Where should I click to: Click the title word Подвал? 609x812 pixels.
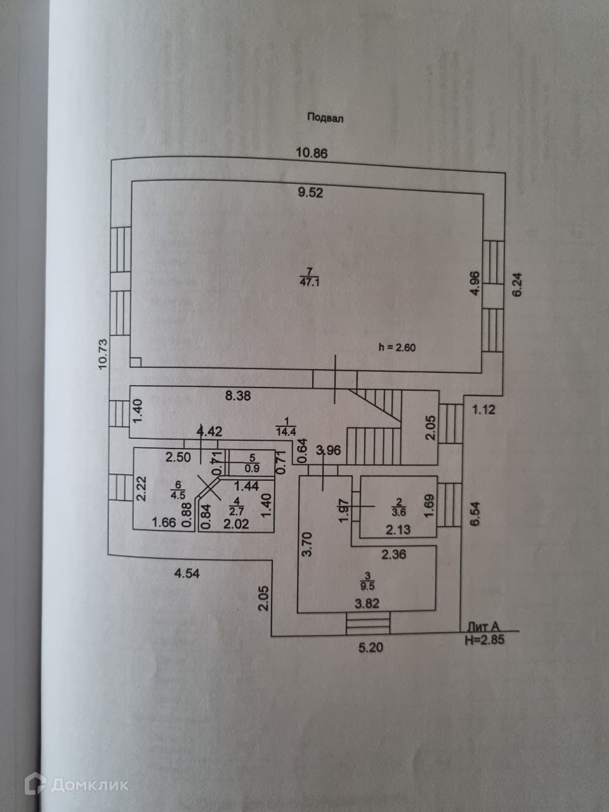[x=325, y=117]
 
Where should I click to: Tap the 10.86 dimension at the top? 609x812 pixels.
[x=311, y=153]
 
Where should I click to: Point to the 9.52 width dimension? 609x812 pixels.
[x=311, y=192]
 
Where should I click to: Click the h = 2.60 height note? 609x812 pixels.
[x=396, y=347]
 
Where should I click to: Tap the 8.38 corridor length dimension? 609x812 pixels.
[x=239, y=396]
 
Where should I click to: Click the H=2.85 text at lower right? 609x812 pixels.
[x=484, y=640]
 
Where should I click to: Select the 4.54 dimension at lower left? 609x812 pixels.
[x=188, y=574]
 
